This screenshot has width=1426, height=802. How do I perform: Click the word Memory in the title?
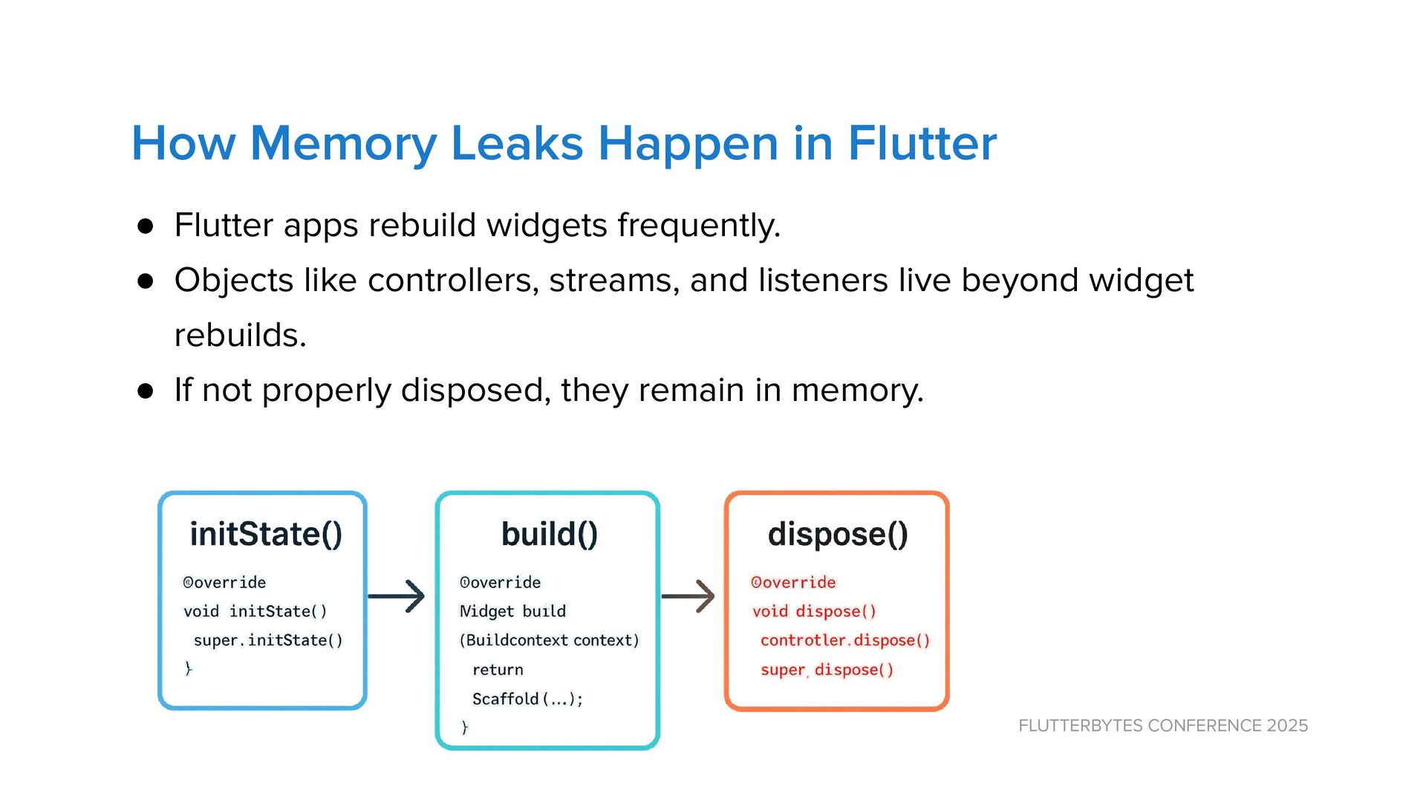pos(343,143)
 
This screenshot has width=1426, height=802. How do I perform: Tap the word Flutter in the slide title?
pos(922,143)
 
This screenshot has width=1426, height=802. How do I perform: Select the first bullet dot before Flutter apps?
pos(146,226)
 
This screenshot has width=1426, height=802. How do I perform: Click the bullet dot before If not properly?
pos(146,391)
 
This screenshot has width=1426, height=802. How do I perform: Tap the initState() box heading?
pos(266,534)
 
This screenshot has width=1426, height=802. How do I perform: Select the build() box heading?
pos(549,534)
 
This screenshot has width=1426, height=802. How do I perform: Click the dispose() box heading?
pos(838,534)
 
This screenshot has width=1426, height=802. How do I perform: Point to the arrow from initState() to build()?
pos(397,596)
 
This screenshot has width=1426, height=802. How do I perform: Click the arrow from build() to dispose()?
pos(688,596)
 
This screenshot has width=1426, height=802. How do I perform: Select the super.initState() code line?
pos(268,640)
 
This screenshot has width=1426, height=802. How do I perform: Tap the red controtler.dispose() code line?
pos(844,640)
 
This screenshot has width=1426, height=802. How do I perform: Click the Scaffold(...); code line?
pos(527,699)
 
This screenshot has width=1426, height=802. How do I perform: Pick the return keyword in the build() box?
pos(498,670)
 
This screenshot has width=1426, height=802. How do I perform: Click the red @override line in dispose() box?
pos(793,582)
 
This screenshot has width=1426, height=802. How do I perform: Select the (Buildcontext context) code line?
pos(549,640)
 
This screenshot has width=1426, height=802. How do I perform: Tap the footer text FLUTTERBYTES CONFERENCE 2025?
pos(1163,726)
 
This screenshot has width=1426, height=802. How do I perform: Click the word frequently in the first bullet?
pos(698,226)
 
